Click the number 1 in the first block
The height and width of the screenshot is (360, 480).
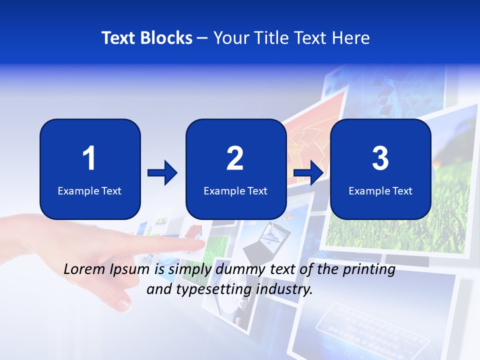[89, 158]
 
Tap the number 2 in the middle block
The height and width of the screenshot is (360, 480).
[235, 158]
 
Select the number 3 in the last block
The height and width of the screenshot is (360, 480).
[380, 158]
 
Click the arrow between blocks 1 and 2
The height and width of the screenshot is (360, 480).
[162, 173]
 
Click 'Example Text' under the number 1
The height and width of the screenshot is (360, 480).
[89, 190]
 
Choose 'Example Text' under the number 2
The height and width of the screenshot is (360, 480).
[235, 190]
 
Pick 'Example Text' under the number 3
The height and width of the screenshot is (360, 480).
[380, 190]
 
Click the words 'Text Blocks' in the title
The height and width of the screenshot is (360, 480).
[147, 38]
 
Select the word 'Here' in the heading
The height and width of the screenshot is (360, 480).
[351, 38]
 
